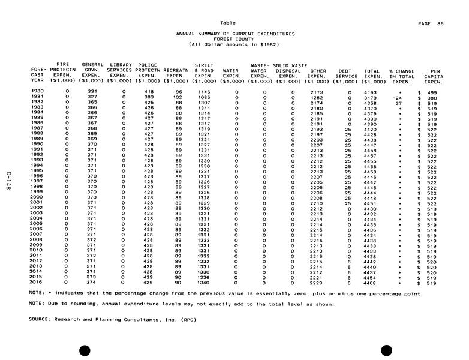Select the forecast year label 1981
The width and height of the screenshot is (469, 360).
(x=37, y=97)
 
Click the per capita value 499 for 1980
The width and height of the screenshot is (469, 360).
(x=432, y=91)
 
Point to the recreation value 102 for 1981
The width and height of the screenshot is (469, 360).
(x=176, y=97)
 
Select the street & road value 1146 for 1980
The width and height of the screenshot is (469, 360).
(x=204, y=91)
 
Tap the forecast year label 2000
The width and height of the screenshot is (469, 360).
(x=37, y=197)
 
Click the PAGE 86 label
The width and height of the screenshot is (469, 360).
(x=432, y=23)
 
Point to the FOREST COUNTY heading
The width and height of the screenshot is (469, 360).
(x=235, y=39)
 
